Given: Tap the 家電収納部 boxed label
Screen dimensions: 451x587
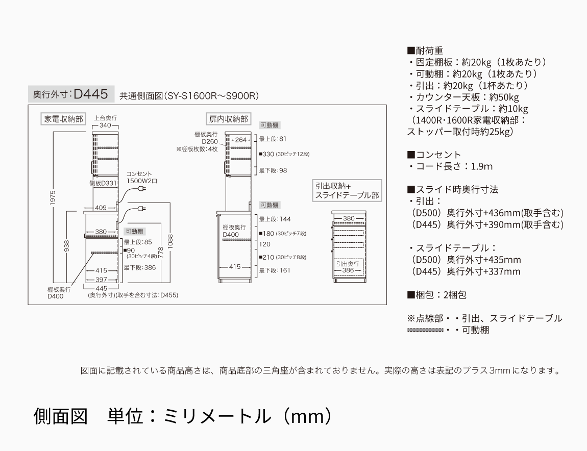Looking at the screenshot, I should click(x=63, y=119).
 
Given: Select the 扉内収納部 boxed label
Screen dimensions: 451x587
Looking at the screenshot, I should click(x=228, y=119).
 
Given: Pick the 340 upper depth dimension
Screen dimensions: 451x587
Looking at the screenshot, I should click(x=105, y=125).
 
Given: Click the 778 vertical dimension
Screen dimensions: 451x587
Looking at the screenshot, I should click(x=160, y=250).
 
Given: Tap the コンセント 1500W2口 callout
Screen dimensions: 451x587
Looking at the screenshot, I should click(x=142, y=177).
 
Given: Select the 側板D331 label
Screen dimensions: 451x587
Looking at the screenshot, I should click(x=103, y=182).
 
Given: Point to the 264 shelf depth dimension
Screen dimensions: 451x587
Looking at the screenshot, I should click(x=240, y=140).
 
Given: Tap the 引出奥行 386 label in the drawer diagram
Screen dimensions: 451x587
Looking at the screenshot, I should click(x=348, y=267).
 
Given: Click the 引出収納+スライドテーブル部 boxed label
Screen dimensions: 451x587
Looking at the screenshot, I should click(x=347, y=191).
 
